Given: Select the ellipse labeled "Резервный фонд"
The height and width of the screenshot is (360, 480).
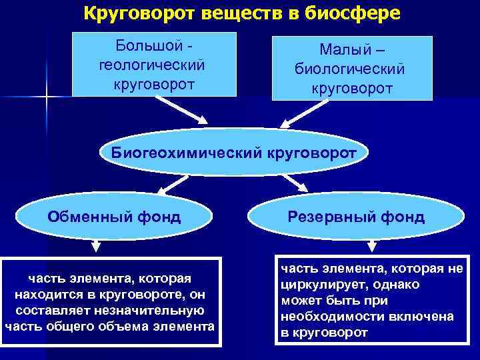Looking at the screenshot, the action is [356, 216].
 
